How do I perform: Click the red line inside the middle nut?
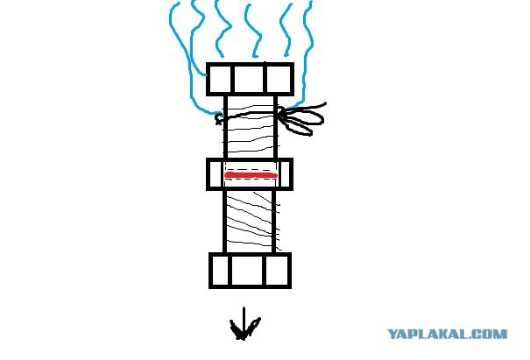coord(251,175)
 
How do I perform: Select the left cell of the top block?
coord(220,79)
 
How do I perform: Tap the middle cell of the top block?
coord(250,79)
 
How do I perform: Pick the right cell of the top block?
coord(279,79)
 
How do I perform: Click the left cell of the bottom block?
coord(221,270)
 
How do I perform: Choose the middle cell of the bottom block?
coord(248,270)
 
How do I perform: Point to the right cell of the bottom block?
coord(278,270)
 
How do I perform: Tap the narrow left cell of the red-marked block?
coord(216,174)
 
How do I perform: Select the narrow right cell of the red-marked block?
coord(286,174)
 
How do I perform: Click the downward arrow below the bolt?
coord(244,324)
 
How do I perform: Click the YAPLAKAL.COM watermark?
coord(447,334)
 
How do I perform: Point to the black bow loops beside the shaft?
coord(300,118)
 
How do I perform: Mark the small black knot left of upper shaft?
coord(219,118)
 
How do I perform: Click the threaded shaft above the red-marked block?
coord(251,127)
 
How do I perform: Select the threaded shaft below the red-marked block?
coord(250,222)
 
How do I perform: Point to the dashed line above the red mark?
coord(251,170)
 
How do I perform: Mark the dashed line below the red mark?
coord(251,180)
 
